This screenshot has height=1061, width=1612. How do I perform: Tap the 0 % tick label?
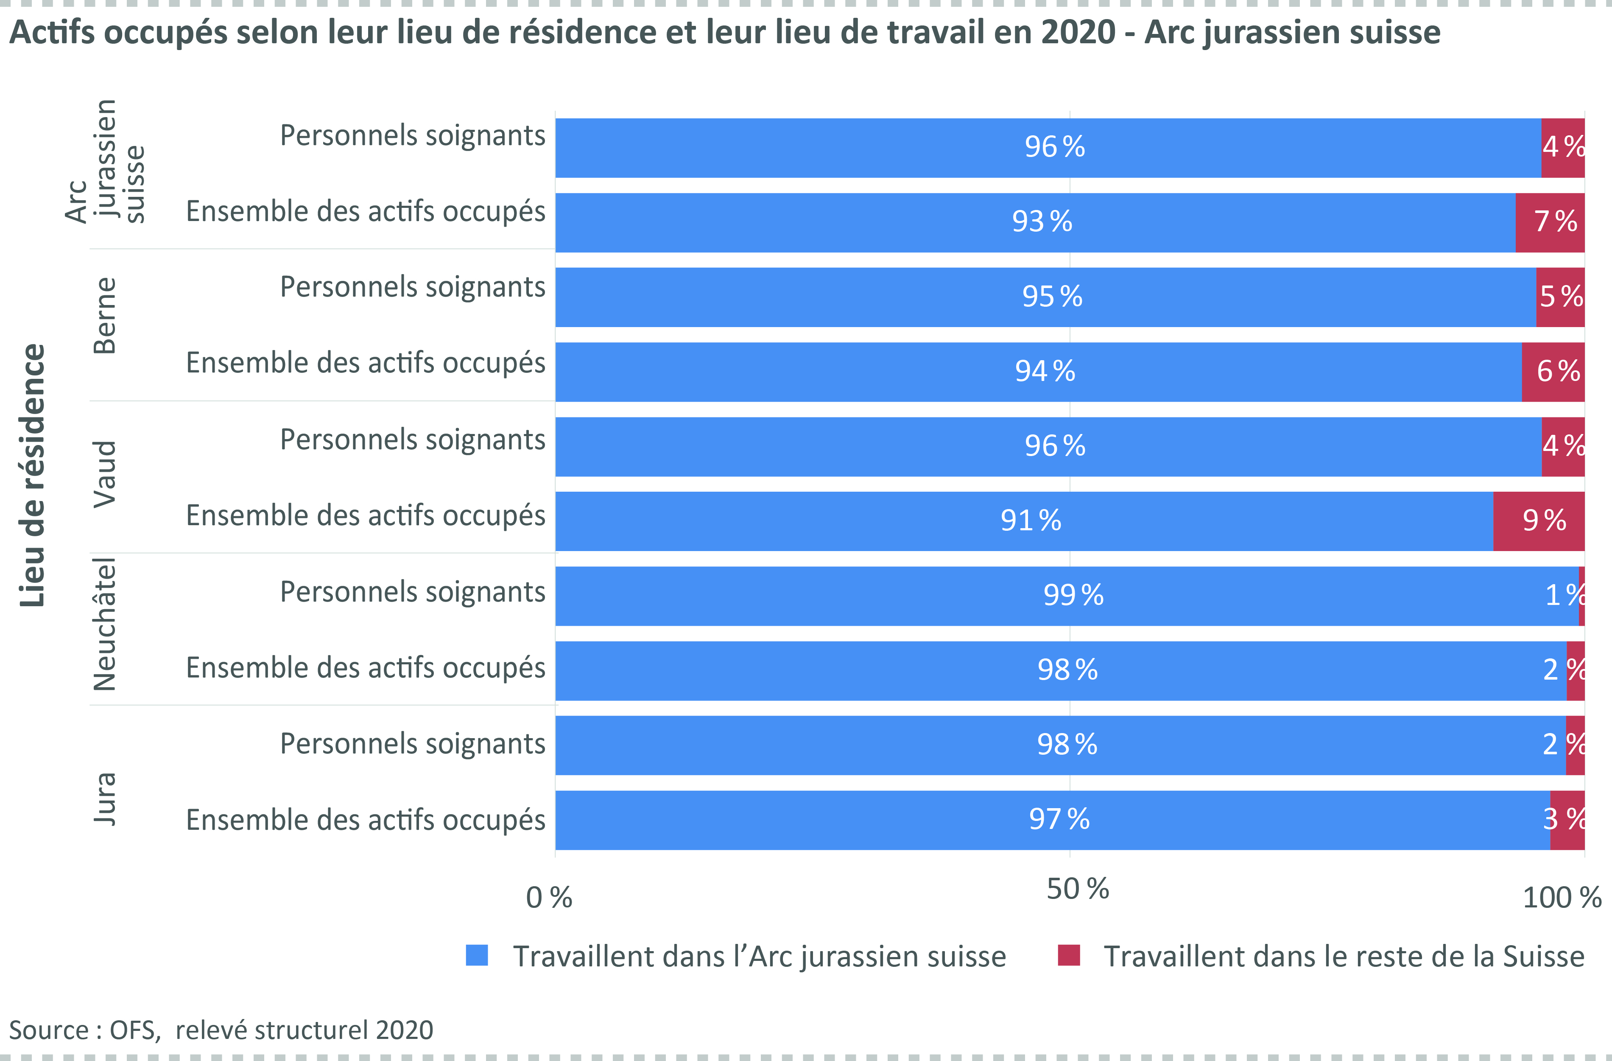point(549,898)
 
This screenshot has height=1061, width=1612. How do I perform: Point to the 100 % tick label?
point(1561,898)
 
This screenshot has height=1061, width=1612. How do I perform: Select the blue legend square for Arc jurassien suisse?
point(477,955)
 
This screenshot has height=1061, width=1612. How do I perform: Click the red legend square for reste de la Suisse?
point(1069,955)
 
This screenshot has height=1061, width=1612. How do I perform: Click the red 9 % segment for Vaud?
point(1539,521)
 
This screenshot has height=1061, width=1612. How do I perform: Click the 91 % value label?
point(1031,521)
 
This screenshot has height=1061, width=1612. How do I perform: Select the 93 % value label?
point(1042,221)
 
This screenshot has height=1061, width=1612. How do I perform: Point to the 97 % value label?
point(1059,820)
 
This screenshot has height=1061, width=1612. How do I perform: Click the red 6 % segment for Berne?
point(1553,371)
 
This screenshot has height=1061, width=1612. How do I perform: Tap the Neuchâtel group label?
point(105,624)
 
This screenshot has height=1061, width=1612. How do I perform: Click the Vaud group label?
point(105,474)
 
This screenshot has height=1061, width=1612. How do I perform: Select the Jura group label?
point(105,800)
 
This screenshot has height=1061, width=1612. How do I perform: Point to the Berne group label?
point(105,316)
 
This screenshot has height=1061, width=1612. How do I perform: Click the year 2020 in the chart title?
point(1078,32)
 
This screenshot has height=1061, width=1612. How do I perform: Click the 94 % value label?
point(1045,371)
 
